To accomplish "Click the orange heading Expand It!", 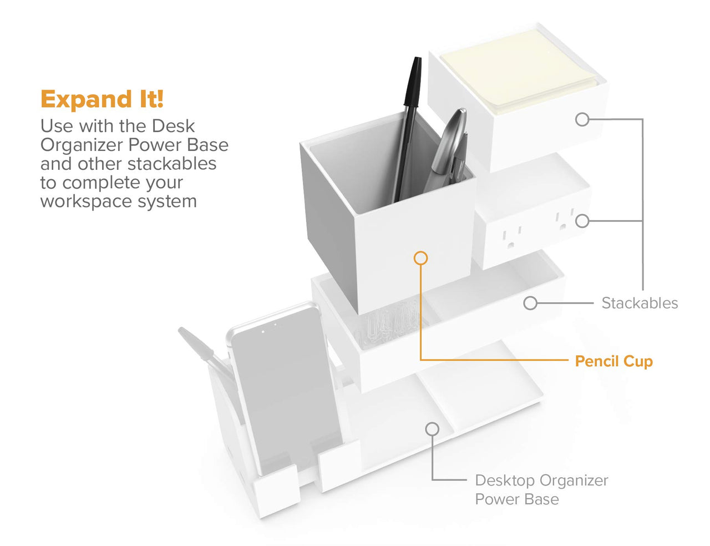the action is click(102, 99).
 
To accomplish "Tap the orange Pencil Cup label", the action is click(613, 362).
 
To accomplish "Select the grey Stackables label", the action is click(640, 303).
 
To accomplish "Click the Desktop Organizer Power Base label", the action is click(541, 490).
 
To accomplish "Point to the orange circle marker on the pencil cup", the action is click(420, 258).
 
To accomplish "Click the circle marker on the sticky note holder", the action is click(582, 120).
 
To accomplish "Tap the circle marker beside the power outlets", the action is click(582, 221).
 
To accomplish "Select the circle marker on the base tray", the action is click(432, 429).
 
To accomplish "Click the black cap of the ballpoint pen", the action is click(413, 82).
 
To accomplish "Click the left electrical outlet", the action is click(511, 237).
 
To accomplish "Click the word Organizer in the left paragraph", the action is click(81, 145).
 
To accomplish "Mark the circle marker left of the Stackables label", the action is click(530, 303).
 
